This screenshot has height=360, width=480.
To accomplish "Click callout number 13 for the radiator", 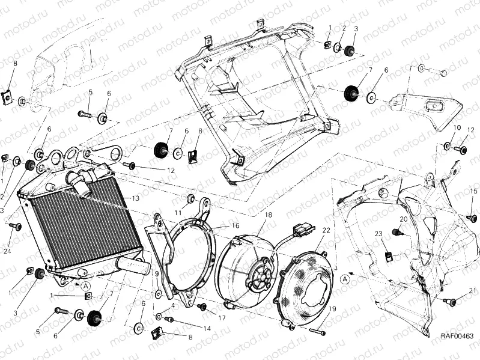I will click(x=136, y=198).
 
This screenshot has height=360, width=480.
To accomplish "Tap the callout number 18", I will click(x=268, y=215).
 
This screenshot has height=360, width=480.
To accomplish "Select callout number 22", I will click(x=326, y=230).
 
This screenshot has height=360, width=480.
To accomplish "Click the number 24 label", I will click(x=7, y=251).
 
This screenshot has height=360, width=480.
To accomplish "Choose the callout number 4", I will click(x=172, y=305).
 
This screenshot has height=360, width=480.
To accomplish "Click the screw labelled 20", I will click(x=396, y=232).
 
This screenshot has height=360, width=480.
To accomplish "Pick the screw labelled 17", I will click(x=202, y=307).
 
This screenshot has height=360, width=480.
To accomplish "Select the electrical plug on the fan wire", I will click(x=301, y=229).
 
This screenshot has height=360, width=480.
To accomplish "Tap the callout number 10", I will click(x=457, y=127).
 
